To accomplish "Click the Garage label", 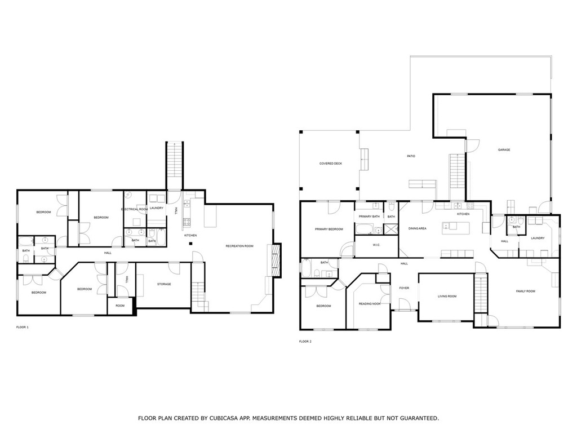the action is click(504, 150).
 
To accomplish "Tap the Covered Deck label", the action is click(330, 164).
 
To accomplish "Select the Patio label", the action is click(411, 156).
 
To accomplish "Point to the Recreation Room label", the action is click(239, 246).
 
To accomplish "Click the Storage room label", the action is click(164, 284).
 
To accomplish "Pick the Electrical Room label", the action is click(134, 209).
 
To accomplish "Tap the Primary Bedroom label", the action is click(329, 229).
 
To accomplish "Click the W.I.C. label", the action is click(376, 245).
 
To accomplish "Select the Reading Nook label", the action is click(370, 304).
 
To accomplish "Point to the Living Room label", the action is click(447, 296).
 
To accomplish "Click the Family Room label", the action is click(525, 291).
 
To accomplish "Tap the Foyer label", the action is click(404, 288).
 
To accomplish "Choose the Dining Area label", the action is click(418, 229).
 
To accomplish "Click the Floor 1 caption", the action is click(22, 327).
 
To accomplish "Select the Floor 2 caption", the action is click(305, 341).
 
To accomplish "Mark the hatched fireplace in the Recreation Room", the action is click(275, 260).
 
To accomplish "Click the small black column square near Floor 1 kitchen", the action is click(190, 244).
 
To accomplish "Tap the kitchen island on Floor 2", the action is click(456, 228).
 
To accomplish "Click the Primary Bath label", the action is click(369, 216).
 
